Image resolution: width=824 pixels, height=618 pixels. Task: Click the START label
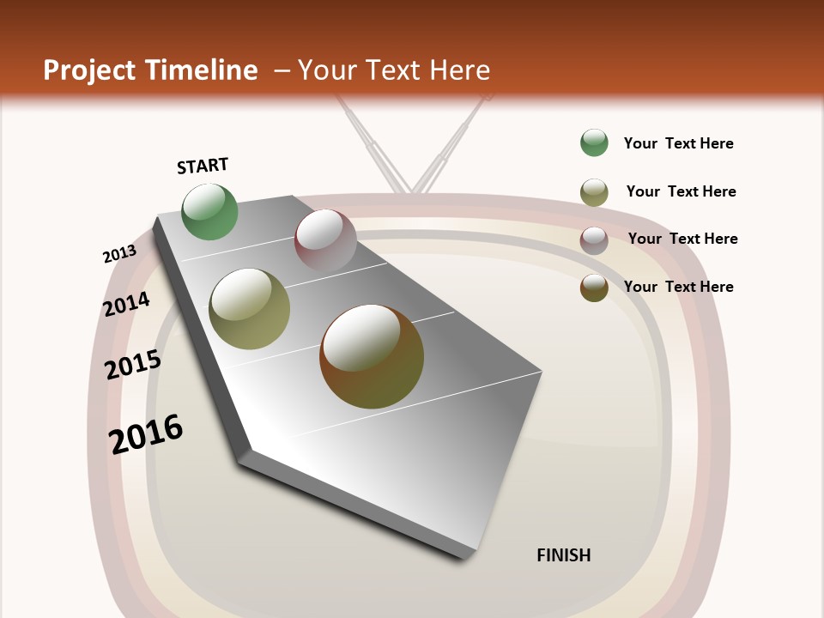pyautogui.click(x=203, y=166)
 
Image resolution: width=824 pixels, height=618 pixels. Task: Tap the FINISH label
pyautogui.click(x=563, y=555)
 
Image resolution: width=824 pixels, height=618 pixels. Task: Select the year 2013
pyautogui.click(x=120, y=254)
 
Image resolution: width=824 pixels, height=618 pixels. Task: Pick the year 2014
pyautogui.click(x=127, y=304)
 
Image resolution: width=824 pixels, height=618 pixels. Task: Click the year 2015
pyautogui.click(x=133, y=365)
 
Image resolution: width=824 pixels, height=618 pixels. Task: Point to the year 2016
pyautogui.click(x=146, y=433)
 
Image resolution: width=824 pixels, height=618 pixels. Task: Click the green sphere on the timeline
pyautogui.click(x=210, y=212)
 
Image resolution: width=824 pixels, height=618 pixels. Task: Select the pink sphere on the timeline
pyautogui.click(x=325, y=240)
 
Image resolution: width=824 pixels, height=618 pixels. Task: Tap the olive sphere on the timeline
pyautogui.click(x=250, y=309)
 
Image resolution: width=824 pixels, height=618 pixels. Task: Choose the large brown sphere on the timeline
pyautogui.click(x=372, y=356)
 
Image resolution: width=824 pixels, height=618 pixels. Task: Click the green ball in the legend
pyautogui.click(x=594, y=143)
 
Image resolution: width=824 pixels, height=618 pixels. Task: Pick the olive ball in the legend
pyautogui.click(x=594, y=192)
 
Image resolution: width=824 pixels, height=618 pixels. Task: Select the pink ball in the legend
pyautogui.click(x=594, y=240)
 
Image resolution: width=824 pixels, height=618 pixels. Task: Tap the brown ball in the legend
pyautogui.click(x=594, y=288)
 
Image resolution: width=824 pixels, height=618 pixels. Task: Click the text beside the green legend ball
pyautogui.click(x=678, y=143)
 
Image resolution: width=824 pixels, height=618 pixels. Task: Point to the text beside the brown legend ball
pyautogui.click(x=678, y=287)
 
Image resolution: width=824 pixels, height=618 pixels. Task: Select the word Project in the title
pyautogui.click(x=89, y=70)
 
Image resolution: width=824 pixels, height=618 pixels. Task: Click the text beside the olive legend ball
pyautogui.click(x=681, y=191)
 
